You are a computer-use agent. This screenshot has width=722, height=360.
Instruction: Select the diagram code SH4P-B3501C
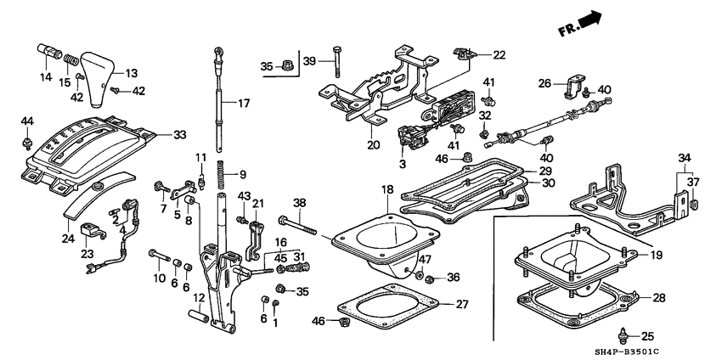tap(666, 351)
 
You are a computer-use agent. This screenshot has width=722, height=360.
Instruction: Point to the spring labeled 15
tap(72, 62)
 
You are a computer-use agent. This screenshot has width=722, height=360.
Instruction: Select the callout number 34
tap(685, 157)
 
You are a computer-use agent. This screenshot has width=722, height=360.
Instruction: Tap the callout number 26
tap(545, 83)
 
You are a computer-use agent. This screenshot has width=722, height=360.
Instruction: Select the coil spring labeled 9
tap(219, 176)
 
